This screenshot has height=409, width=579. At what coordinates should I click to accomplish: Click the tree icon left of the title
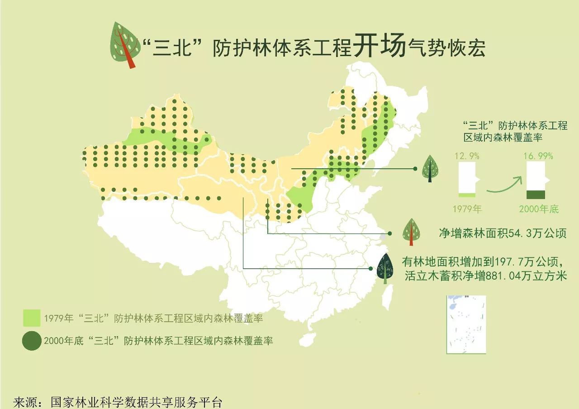pos(124,44)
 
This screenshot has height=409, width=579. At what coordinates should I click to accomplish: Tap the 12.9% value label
pos(467,156)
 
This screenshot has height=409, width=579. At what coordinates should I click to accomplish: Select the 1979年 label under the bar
pos(467,209)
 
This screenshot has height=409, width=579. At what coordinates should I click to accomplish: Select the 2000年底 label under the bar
pos(538,209)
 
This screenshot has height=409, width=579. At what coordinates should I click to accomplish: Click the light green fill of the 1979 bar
pos(467,195)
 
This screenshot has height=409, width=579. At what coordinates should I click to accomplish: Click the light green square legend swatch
pos(32,318)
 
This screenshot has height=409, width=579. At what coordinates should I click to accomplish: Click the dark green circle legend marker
pos(32,341)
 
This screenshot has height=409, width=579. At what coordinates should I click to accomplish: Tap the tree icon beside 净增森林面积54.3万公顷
pos(411,231)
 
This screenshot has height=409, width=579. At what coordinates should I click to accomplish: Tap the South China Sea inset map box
pos(466,324)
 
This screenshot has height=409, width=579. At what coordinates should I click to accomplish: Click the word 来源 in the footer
pos(25,402)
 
